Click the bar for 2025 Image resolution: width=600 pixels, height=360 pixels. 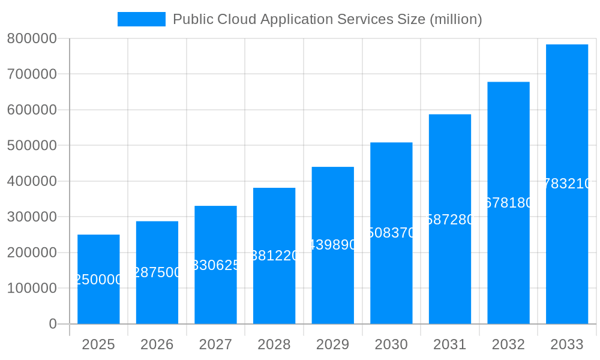point(98,300)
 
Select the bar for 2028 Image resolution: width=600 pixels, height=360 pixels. point(274,288)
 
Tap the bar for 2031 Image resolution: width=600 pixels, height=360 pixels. point(450,270)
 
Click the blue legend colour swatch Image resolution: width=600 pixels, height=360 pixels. point(141,19)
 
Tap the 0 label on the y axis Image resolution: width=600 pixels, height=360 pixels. point(52,324)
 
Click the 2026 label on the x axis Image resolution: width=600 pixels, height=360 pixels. point(157,344)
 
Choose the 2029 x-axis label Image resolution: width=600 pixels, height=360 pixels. point(333,344)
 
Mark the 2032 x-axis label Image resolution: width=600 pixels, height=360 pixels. point(508,344)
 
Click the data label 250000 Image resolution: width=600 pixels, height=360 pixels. point(98,280)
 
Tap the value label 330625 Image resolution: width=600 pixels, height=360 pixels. point(216,265)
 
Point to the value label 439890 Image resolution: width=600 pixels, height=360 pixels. point(333,245)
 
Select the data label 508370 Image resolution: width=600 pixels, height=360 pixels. point(391,233)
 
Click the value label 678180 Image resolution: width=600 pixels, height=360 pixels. point(508,203)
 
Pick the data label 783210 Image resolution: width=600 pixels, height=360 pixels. point(567,184)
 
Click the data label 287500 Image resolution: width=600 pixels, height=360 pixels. point(157,272)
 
